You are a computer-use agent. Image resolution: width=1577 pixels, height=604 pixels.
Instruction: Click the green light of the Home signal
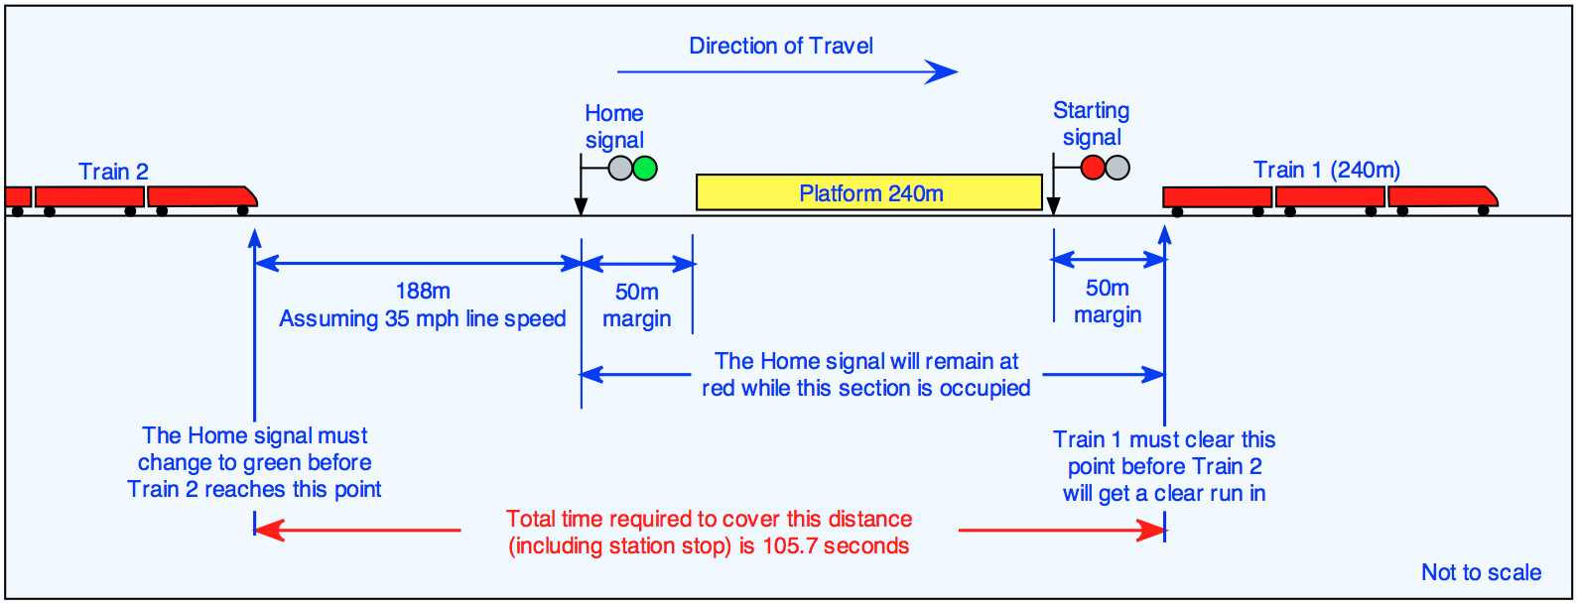click(x=645, y=168)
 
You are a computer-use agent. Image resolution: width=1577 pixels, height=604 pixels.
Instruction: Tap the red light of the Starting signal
click(x=1093, y=168)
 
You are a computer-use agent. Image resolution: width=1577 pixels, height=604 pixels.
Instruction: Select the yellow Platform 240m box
click(x=869, y=192)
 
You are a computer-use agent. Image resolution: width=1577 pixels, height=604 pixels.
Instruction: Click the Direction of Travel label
click(x=781, y=46)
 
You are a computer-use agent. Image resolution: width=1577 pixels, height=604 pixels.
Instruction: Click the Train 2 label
click(x=113, y=172)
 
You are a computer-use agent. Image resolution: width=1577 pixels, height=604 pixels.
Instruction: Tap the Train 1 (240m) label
click(x=1326, y=170)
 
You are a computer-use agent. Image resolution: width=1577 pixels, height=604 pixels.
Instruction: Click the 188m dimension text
click(x=423, y=291)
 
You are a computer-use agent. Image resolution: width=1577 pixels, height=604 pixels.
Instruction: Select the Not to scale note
click(x=1481, y=572)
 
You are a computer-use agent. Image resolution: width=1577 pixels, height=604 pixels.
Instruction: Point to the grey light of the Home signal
click(x=620, y=168)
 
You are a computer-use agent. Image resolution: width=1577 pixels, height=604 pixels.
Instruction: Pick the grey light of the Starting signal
click(x=1117, y=168)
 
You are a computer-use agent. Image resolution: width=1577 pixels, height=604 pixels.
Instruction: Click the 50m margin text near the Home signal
click(x=636, y=305)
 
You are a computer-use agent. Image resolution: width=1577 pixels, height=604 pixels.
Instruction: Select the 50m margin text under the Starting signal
click(x=1108, y=302)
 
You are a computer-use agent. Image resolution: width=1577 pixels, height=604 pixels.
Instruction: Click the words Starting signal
click(x=1091, y=124)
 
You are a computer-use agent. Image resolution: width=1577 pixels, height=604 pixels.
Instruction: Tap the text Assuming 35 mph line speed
click(x=422, y=318)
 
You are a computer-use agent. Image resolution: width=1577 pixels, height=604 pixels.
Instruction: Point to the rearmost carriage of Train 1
click(x=1217, y=197)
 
